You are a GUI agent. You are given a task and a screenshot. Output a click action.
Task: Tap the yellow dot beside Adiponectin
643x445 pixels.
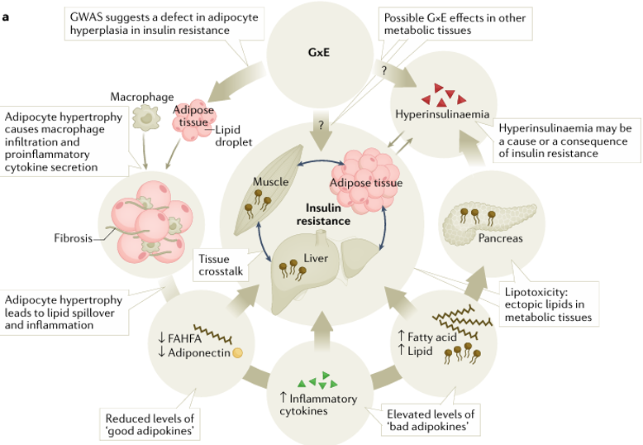tap(238, 353)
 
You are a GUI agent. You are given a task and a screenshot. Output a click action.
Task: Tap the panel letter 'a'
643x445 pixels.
tap(7, 16)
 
